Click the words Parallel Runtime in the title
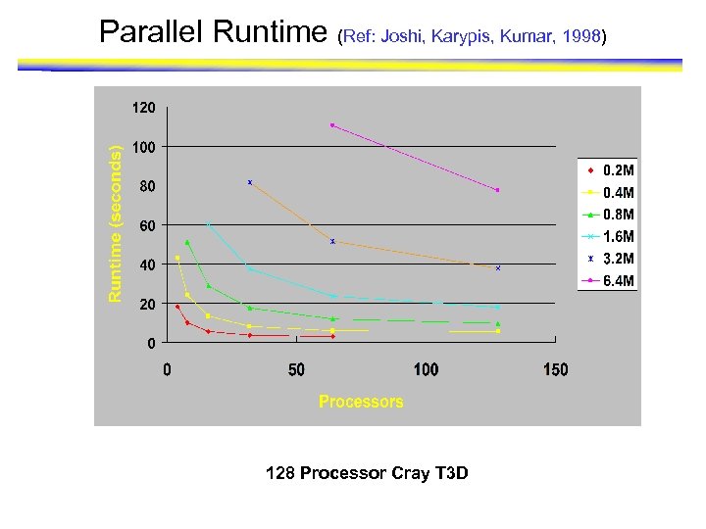point(214,33)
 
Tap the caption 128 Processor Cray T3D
point(367,474)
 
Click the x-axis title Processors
point(361,402)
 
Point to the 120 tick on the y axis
point(144,108)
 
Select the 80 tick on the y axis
point(147,186)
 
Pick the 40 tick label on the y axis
point(147,265)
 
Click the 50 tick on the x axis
point(296,369)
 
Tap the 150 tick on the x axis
point(555,369)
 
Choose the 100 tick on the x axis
point(426,369)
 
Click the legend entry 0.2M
point(618,170)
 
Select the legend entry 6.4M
point(618,281)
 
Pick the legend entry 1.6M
point(618,237)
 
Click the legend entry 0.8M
point(618,215)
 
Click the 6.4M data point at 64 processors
point(332,124)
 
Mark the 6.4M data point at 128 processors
point(498,190)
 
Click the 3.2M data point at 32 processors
point(250,182)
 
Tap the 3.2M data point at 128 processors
point(498,267)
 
